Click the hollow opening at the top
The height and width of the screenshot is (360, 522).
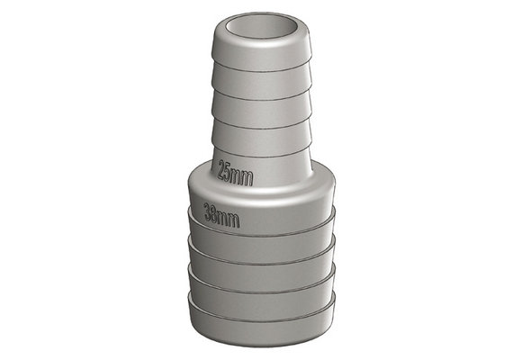[x=261, y=27]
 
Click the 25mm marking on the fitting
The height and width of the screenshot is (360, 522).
[x=235, y=173]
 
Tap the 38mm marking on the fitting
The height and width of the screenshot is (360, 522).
[x=221, y=215]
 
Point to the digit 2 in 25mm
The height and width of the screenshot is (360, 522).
[x=222, y=169]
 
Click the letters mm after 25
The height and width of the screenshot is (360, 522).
[x=244, y=176]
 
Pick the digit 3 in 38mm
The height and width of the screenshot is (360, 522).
[x=209, y=211]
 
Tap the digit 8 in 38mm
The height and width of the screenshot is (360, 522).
[x=216, y=214]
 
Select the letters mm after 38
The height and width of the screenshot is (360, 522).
[x=230, y=219]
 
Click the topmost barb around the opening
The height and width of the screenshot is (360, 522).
[x=261, y=47]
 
